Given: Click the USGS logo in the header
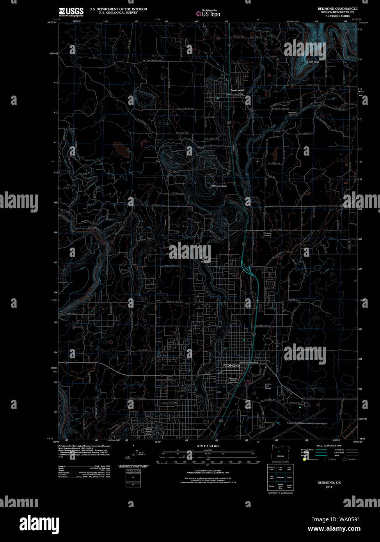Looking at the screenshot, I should click(x=71, y=12).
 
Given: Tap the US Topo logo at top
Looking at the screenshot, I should click(x=208, y=13).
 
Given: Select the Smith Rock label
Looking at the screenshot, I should click(x=313, y=62).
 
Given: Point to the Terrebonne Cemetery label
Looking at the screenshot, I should click(x=292, y=114).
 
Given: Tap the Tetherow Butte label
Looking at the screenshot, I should click(x=218, y=186).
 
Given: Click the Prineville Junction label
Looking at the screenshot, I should click(x=267, y=234).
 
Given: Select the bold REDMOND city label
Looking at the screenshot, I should click(x=231, y=366).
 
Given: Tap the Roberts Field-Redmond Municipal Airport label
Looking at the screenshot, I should click(x=307, y=423).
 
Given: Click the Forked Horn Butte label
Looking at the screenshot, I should click(x=148, y=432).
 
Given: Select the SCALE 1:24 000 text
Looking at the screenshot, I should click(x=208, y=446).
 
